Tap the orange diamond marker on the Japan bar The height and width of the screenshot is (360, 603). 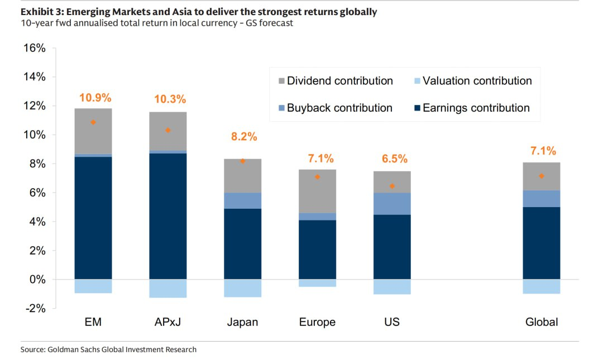click(x=243, y=161)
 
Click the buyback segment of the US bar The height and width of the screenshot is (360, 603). click(x=392, y=204)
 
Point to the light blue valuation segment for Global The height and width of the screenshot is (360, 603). click(x=541, y=286)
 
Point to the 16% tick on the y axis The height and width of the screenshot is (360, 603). click(x=35, y=48)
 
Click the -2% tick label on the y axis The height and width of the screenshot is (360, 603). click(x=35, y=308)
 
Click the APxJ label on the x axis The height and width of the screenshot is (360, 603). click(x=167, y=322)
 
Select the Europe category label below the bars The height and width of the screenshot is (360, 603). click(x=317, y=322)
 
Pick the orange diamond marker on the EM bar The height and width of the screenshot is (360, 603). click(x=93, y=122)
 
